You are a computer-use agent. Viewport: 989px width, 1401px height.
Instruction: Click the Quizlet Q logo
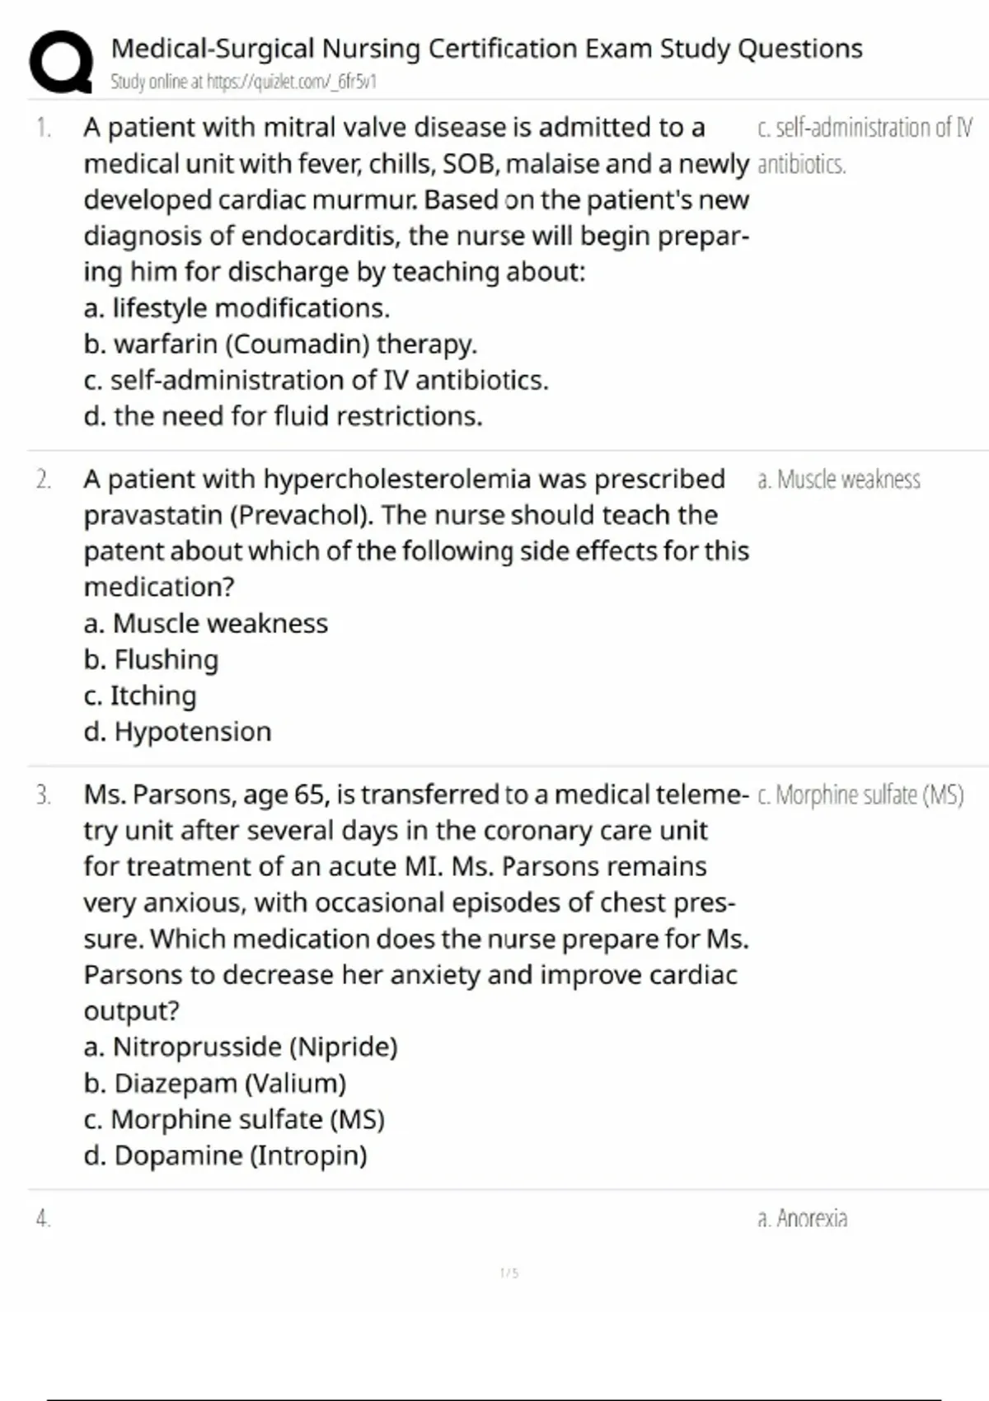tap(60, 62)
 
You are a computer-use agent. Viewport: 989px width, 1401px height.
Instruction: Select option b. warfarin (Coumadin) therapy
tap(280, 344)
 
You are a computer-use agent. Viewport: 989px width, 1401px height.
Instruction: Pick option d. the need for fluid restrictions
tap(283, 416)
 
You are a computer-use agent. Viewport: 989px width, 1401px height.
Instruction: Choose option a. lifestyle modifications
tap(237, 308)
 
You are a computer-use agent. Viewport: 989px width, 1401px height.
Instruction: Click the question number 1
tap(43, 128)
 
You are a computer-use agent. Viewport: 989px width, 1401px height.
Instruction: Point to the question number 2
tap(43, 480)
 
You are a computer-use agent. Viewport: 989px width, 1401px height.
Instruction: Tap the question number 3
tap(43, 795)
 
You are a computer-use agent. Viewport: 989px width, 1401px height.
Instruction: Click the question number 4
tap(43, 1219)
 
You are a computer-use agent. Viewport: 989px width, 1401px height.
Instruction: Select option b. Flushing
tap(151, 659)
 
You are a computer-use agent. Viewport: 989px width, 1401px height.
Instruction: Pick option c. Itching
tap(140, 696)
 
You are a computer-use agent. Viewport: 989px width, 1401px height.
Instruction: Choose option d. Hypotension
tap(177, 732)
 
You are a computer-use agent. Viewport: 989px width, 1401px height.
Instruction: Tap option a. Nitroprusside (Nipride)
tap(241, 1047)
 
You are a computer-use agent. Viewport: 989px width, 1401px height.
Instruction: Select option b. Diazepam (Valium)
tap(214, 1083)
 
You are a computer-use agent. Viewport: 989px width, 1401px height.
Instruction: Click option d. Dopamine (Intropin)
tap(225, 1155)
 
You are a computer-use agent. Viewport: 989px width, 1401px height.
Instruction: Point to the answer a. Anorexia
tap(802, 1218)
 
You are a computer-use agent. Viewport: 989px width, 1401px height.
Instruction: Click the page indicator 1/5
tap(509, 1273)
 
